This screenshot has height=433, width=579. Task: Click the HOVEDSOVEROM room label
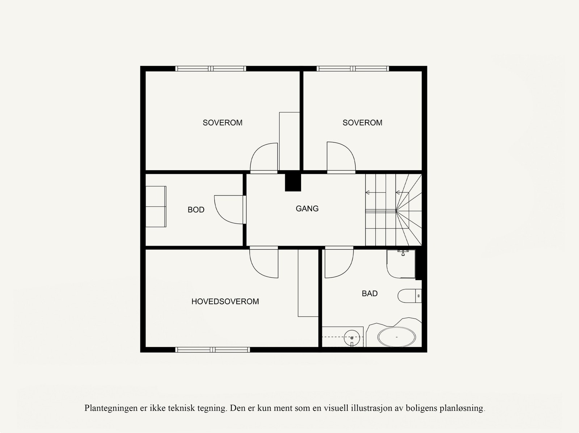[x=225, y=301]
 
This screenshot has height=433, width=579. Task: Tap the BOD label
[x=196, y=210]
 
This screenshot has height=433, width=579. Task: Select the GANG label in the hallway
[x=307, y=209]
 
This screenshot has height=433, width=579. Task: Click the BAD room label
[x=369, y=293]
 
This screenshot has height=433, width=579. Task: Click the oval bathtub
[x=396, y=337]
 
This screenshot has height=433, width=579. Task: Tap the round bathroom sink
[x=351, y=338]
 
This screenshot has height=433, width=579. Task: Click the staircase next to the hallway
[x=393, y=210]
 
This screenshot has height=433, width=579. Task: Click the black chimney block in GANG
[x=293, y=182]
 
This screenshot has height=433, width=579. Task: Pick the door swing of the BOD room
[x=229, y=210]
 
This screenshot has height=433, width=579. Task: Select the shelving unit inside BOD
[x=156, y=207]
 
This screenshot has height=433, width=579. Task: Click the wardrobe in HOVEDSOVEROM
[x=308, y=283]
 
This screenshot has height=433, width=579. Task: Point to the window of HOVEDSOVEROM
[x=212, y=350]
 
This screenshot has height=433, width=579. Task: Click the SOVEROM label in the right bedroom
[x=362, y=123]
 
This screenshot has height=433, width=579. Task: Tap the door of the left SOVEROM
[x=264, y=158]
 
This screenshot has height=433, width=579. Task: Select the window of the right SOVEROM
[x=352, y=68]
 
